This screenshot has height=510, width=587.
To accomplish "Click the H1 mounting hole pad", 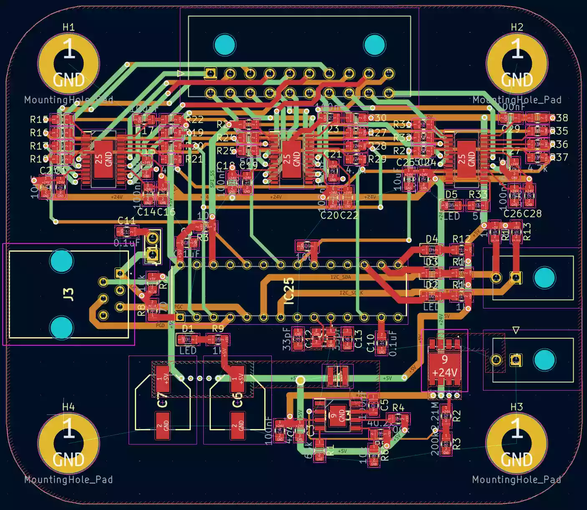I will point(68,64).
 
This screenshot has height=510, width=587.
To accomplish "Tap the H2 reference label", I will point(517,27).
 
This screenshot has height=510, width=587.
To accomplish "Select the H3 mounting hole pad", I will point(516,444).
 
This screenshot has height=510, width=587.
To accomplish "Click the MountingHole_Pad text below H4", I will point(68,480).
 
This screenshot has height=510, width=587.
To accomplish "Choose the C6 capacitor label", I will point(237,400).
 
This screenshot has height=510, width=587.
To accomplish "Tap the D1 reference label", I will point(188,329).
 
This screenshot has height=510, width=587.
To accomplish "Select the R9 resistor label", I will point(218,329).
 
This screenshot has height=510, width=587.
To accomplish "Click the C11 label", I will point(126,220).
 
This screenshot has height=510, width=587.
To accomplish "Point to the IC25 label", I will point(288,291).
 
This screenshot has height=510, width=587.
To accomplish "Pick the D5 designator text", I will point(451,194).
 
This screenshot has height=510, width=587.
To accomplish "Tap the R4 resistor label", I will point(398,408).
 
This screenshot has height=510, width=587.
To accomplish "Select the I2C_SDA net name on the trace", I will point(341,277).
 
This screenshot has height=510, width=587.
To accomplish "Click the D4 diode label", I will point(432,239).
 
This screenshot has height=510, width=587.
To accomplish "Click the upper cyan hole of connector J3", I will point(61,261).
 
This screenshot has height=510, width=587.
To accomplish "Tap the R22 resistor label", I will point(195,120).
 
